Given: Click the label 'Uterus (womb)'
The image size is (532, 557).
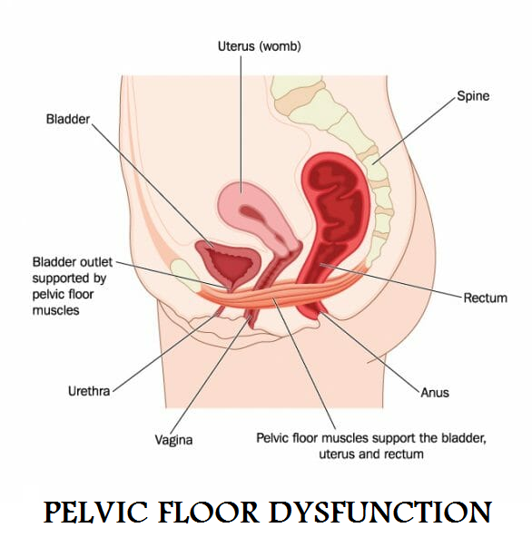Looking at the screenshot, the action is pos(260,46).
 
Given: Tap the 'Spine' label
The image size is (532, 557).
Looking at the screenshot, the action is pos(473,96).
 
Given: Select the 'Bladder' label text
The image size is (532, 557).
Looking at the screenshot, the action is pos(68,119).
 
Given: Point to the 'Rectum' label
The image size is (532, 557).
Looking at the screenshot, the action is pos(485,298).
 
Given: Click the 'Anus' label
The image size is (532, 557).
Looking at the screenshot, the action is pos(435,393).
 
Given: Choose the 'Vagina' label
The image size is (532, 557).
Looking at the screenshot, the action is pos(173,440).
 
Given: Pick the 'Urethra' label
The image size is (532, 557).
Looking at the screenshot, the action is pos(89,391).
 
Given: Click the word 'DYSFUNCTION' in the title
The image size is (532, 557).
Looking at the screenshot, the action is pos(380,513).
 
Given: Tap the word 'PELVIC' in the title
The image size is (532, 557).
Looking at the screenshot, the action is pos(95,513).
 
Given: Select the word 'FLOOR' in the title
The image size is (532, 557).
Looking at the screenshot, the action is pos(208,513).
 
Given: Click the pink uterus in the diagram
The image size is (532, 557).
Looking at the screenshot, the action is pos(256,213).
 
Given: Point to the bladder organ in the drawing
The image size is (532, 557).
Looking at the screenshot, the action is pos(228,263).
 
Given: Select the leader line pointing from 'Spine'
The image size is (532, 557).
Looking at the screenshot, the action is pos(414,131).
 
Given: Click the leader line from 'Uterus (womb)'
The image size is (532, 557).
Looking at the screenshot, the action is pos(241,124).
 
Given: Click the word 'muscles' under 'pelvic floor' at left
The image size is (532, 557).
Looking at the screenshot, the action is pos(55,310).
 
